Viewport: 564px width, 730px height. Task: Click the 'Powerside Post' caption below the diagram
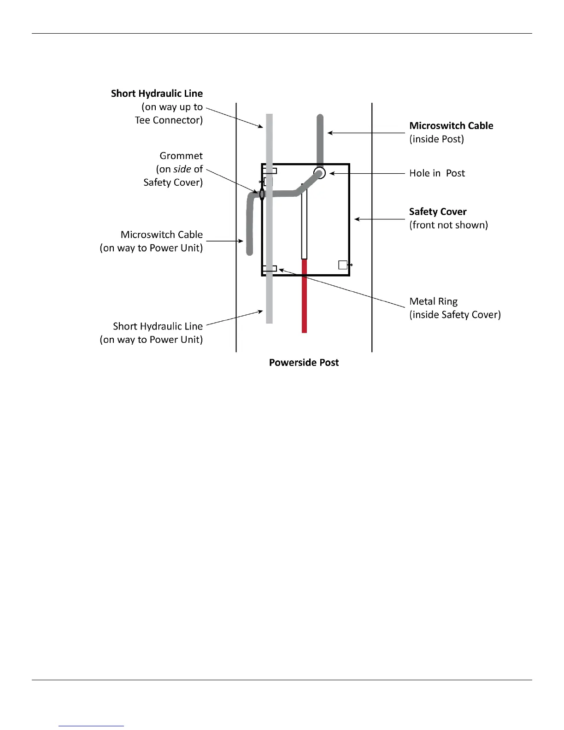click(x=304, y=363)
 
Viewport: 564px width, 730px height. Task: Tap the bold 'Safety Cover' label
click(x=438, y=212)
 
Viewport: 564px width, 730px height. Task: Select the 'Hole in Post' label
click(x=437, y=173)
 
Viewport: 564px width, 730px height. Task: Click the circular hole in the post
click(x=320, y=173)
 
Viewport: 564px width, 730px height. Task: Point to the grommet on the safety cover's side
click(x=262, y=194)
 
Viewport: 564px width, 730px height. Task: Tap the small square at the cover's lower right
click(x=343, y=265)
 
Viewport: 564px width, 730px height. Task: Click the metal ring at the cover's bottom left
click(x=270, y=269)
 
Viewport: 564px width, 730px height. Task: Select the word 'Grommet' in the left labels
click(x=181, y=156)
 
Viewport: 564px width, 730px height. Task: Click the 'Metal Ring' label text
click(x=433, y=301)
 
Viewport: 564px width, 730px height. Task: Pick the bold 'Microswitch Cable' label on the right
click(x=451, y=126)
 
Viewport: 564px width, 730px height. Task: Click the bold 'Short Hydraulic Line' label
click(x=157, y=94)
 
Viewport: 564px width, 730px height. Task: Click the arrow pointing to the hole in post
click(x=332, y=173)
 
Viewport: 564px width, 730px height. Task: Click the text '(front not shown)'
click(x=448, y=225)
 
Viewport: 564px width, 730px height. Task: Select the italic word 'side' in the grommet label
click(x=182, y=169)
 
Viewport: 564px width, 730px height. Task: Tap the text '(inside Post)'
click(x=436, y=139)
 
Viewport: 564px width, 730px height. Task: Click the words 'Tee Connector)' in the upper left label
click(x=169, y=120)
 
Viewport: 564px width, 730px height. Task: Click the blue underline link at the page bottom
click(x=91, y=726)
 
